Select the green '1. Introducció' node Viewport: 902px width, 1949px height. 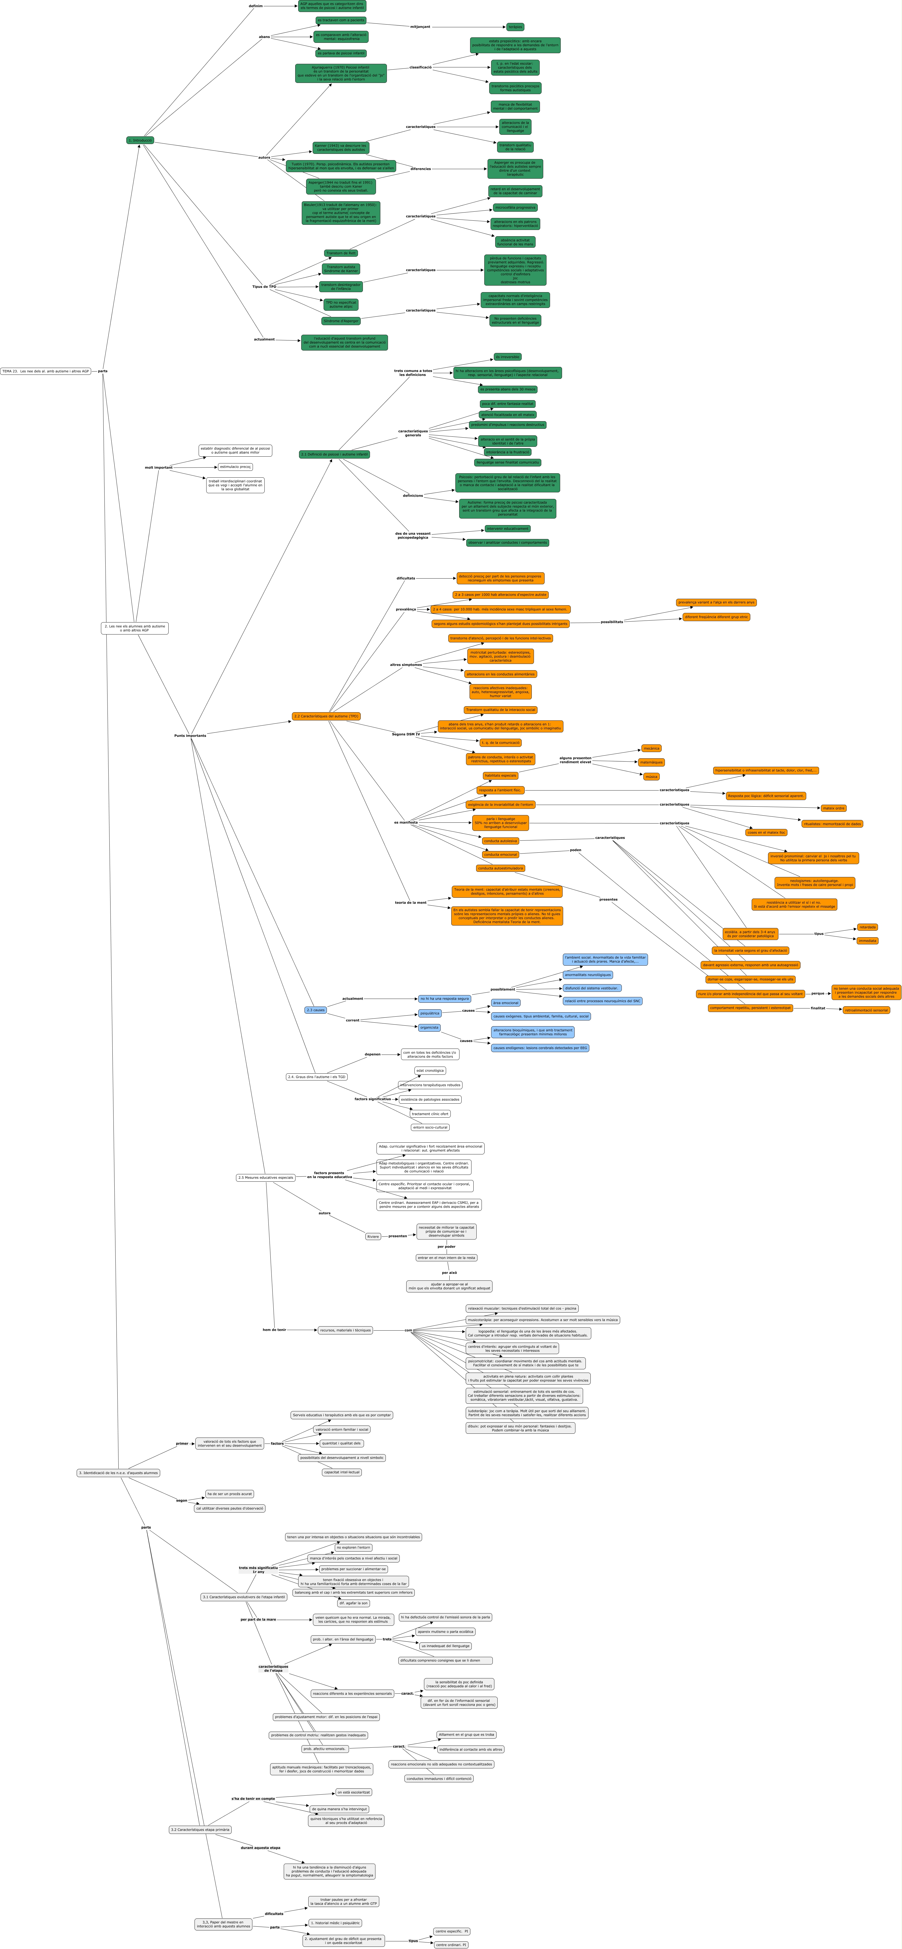coord(140,140)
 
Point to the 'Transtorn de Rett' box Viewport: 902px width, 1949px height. coord(341,253)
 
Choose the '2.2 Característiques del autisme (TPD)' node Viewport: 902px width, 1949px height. coord(326,716)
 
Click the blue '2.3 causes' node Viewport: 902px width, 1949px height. coord(316,1009)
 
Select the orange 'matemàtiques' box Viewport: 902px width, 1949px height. coord(651,762)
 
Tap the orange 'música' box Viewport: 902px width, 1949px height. coord(651,776)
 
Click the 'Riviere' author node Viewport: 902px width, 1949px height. coord(373,1236)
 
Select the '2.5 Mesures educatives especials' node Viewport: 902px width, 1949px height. coord(265,1177)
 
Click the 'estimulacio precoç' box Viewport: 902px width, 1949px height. coord(235,467)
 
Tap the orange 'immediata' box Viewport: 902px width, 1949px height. coord(867,941)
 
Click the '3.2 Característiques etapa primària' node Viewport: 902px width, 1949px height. coord(200,1830)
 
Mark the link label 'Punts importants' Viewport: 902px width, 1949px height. coord(190,735)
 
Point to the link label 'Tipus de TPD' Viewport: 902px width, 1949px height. coord(264,287)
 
